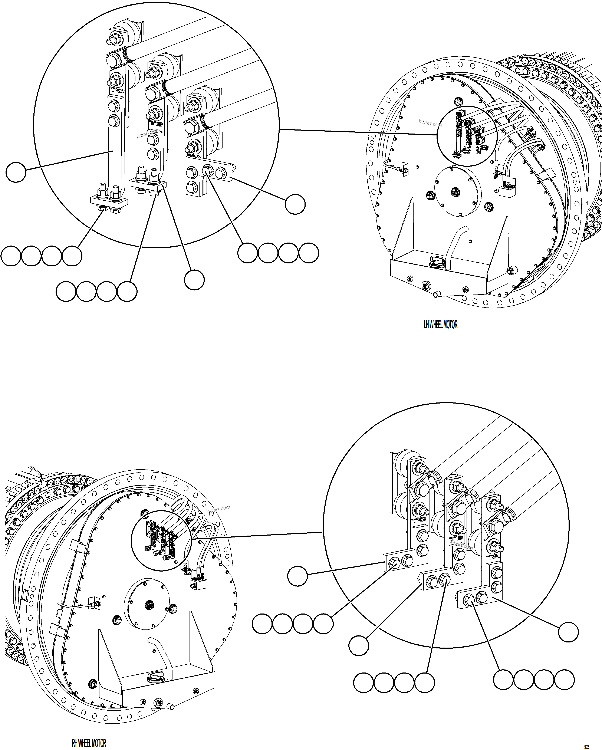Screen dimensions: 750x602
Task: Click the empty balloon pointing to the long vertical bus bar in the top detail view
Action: coord(16,172)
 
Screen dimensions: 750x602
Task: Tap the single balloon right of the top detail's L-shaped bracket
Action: coord(295,204)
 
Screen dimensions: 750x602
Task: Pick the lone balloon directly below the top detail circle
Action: coord(194,280)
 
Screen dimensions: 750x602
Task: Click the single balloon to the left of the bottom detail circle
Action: coord(297,576)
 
